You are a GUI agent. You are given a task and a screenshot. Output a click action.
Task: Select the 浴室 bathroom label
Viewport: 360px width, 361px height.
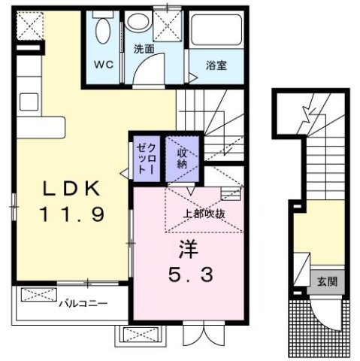pyautogui.click(x=216, y=65)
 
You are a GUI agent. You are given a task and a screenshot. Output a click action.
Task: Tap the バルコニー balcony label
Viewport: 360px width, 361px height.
pyautogui.click(x=83, y=304)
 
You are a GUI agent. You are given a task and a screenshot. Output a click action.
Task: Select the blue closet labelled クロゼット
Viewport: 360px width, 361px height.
pyautogui.click(x=144, y=159)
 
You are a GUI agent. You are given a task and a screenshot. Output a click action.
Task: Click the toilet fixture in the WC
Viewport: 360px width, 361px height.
pyautogui.click(x=104, y=34)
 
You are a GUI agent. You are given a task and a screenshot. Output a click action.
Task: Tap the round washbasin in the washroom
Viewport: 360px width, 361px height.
pyautogui.click(x=138, y=22)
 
